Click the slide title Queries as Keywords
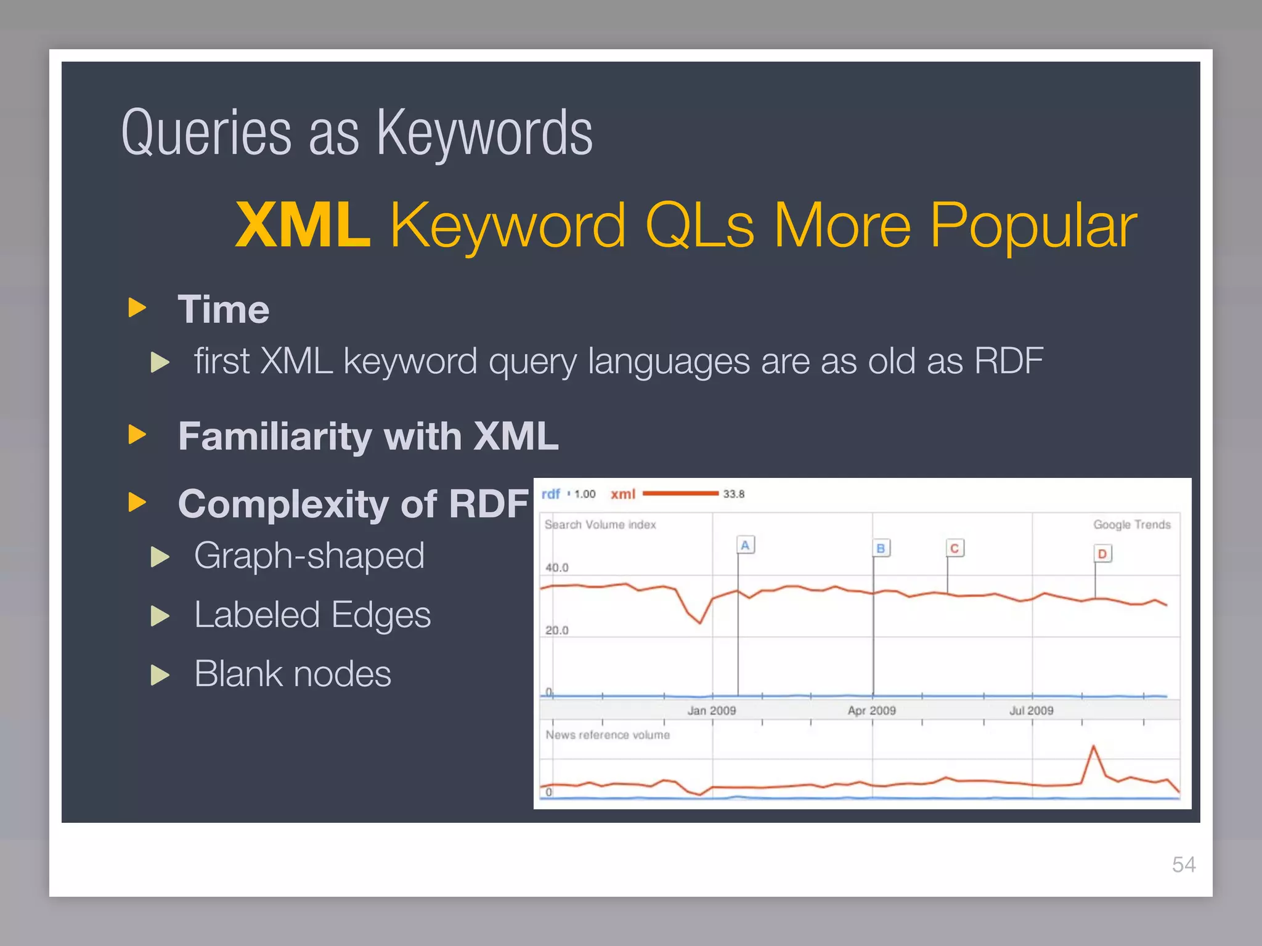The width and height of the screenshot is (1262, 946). click(x=357, y=133)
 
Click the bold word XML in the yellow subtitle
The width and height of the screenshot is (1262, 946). click(x=303, y=225)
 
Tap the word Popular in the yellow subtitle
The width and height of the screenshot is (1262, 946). click(x=1033, y=225)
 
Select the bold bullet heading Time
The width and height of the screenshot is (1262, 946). click(x=223, y=309)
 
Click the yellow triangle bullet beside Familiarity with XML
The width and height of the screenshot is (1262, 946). click(x=137, y=435)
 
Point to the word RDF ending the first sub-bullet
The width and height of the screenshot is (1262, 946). click(x=1009, y=361)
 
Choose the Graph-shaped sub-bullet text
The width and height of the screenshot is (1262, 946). click(x=309, y=556)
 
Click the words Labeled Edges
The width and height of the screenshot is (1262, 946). click(x=312, y=615)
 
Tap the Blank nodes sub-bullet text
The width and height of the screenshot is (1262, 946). click(x=292, y=674)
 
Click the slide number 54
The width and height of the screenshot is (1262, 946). click(x=1184, y=865)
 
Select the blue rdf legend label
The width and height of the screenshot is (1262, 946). click(x=550, y=494)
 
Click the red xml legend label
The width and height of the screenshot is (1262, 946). click(x=622, y=494)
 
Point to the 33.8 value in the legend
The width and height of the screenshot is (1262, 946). click(x=733, y=494)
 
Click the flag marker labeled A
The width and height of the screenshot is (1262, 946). click(x=745, y=545)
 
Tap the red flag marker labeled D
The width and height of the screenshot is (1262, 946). click(x=1102, y=554)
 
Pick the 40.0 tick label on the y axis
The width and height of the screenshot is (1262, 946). click(x=556, y=567)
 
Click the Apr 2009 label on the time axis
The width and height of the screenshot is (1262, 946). click(x=871, y=711)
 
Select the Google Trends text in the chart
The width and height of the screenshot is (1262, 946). click(x=1131, y=525)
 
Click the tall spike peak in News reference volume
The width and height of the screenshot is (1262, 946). click(x=1094, y=747)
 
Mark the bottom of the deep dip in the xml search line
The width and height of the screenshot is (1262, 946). click(x=700, y=623)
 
